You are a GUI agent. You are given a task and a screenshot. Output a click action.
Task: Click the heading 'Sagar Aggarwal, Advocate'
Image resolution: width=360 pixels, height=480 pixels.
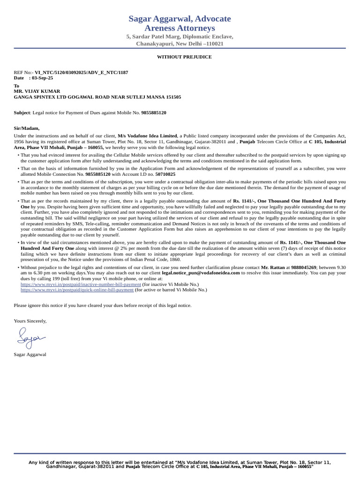[x=180, y=19]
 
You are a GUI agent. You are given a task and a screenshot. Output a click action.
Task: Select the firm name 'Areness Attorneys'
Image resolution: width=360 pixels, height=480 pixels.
[x=180, y=29]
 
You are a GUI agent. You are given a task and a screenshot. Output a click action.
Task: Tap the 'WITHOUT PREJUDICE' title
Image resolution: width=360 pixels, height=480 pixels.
[x=184, y=57]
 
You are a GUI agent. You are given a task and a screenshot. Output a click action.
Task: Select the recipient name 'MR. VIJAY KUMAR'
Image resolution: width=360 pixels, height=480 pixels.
[x=37, y=91]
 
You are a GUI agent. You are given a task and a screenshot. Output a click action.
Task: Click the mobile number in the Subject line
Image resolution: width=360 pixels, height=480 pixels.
[x=154, y=113]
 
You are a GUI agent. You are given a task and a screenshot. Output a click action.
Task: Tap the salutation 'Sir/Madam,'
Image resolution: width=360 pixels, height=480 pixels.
[x=27, y=128]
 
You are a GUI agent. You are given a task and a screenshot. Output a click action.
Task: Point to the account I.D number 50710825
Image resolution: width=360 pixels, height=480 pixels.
[x=165, y=174]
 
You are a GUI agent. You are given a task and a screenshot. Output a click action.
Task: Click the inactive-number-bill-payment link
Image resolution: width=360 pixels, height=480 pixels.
[x=81, y=284]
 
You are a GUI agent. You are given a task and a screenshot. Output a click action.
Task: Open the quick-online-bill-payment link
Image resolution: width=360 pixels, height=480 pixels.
[x=77, y=290]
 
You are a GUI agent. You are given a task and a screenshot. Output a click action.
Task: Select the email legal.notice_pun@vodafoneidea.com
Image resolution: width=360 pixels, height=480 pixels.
[x=201, y=272]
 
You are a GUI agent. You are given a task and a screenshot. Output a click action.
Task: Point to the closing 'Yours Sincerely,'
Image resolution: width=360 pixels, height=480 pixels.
[x=30, y=321]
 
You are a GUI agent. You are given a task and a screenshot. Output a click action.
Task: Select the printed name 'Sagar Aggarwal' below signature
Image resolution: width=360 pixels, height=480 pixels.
[x=30, y=354]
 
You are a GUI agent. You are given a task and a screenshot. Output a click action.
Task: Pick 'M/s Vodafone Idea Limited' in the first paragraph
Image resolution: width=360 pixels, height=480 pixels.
[x=147, y=135]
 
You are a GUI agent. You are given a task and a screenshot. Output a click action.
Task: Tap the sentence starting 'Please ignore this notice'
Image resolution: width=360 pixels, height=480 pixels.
[x=103, y=305]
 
